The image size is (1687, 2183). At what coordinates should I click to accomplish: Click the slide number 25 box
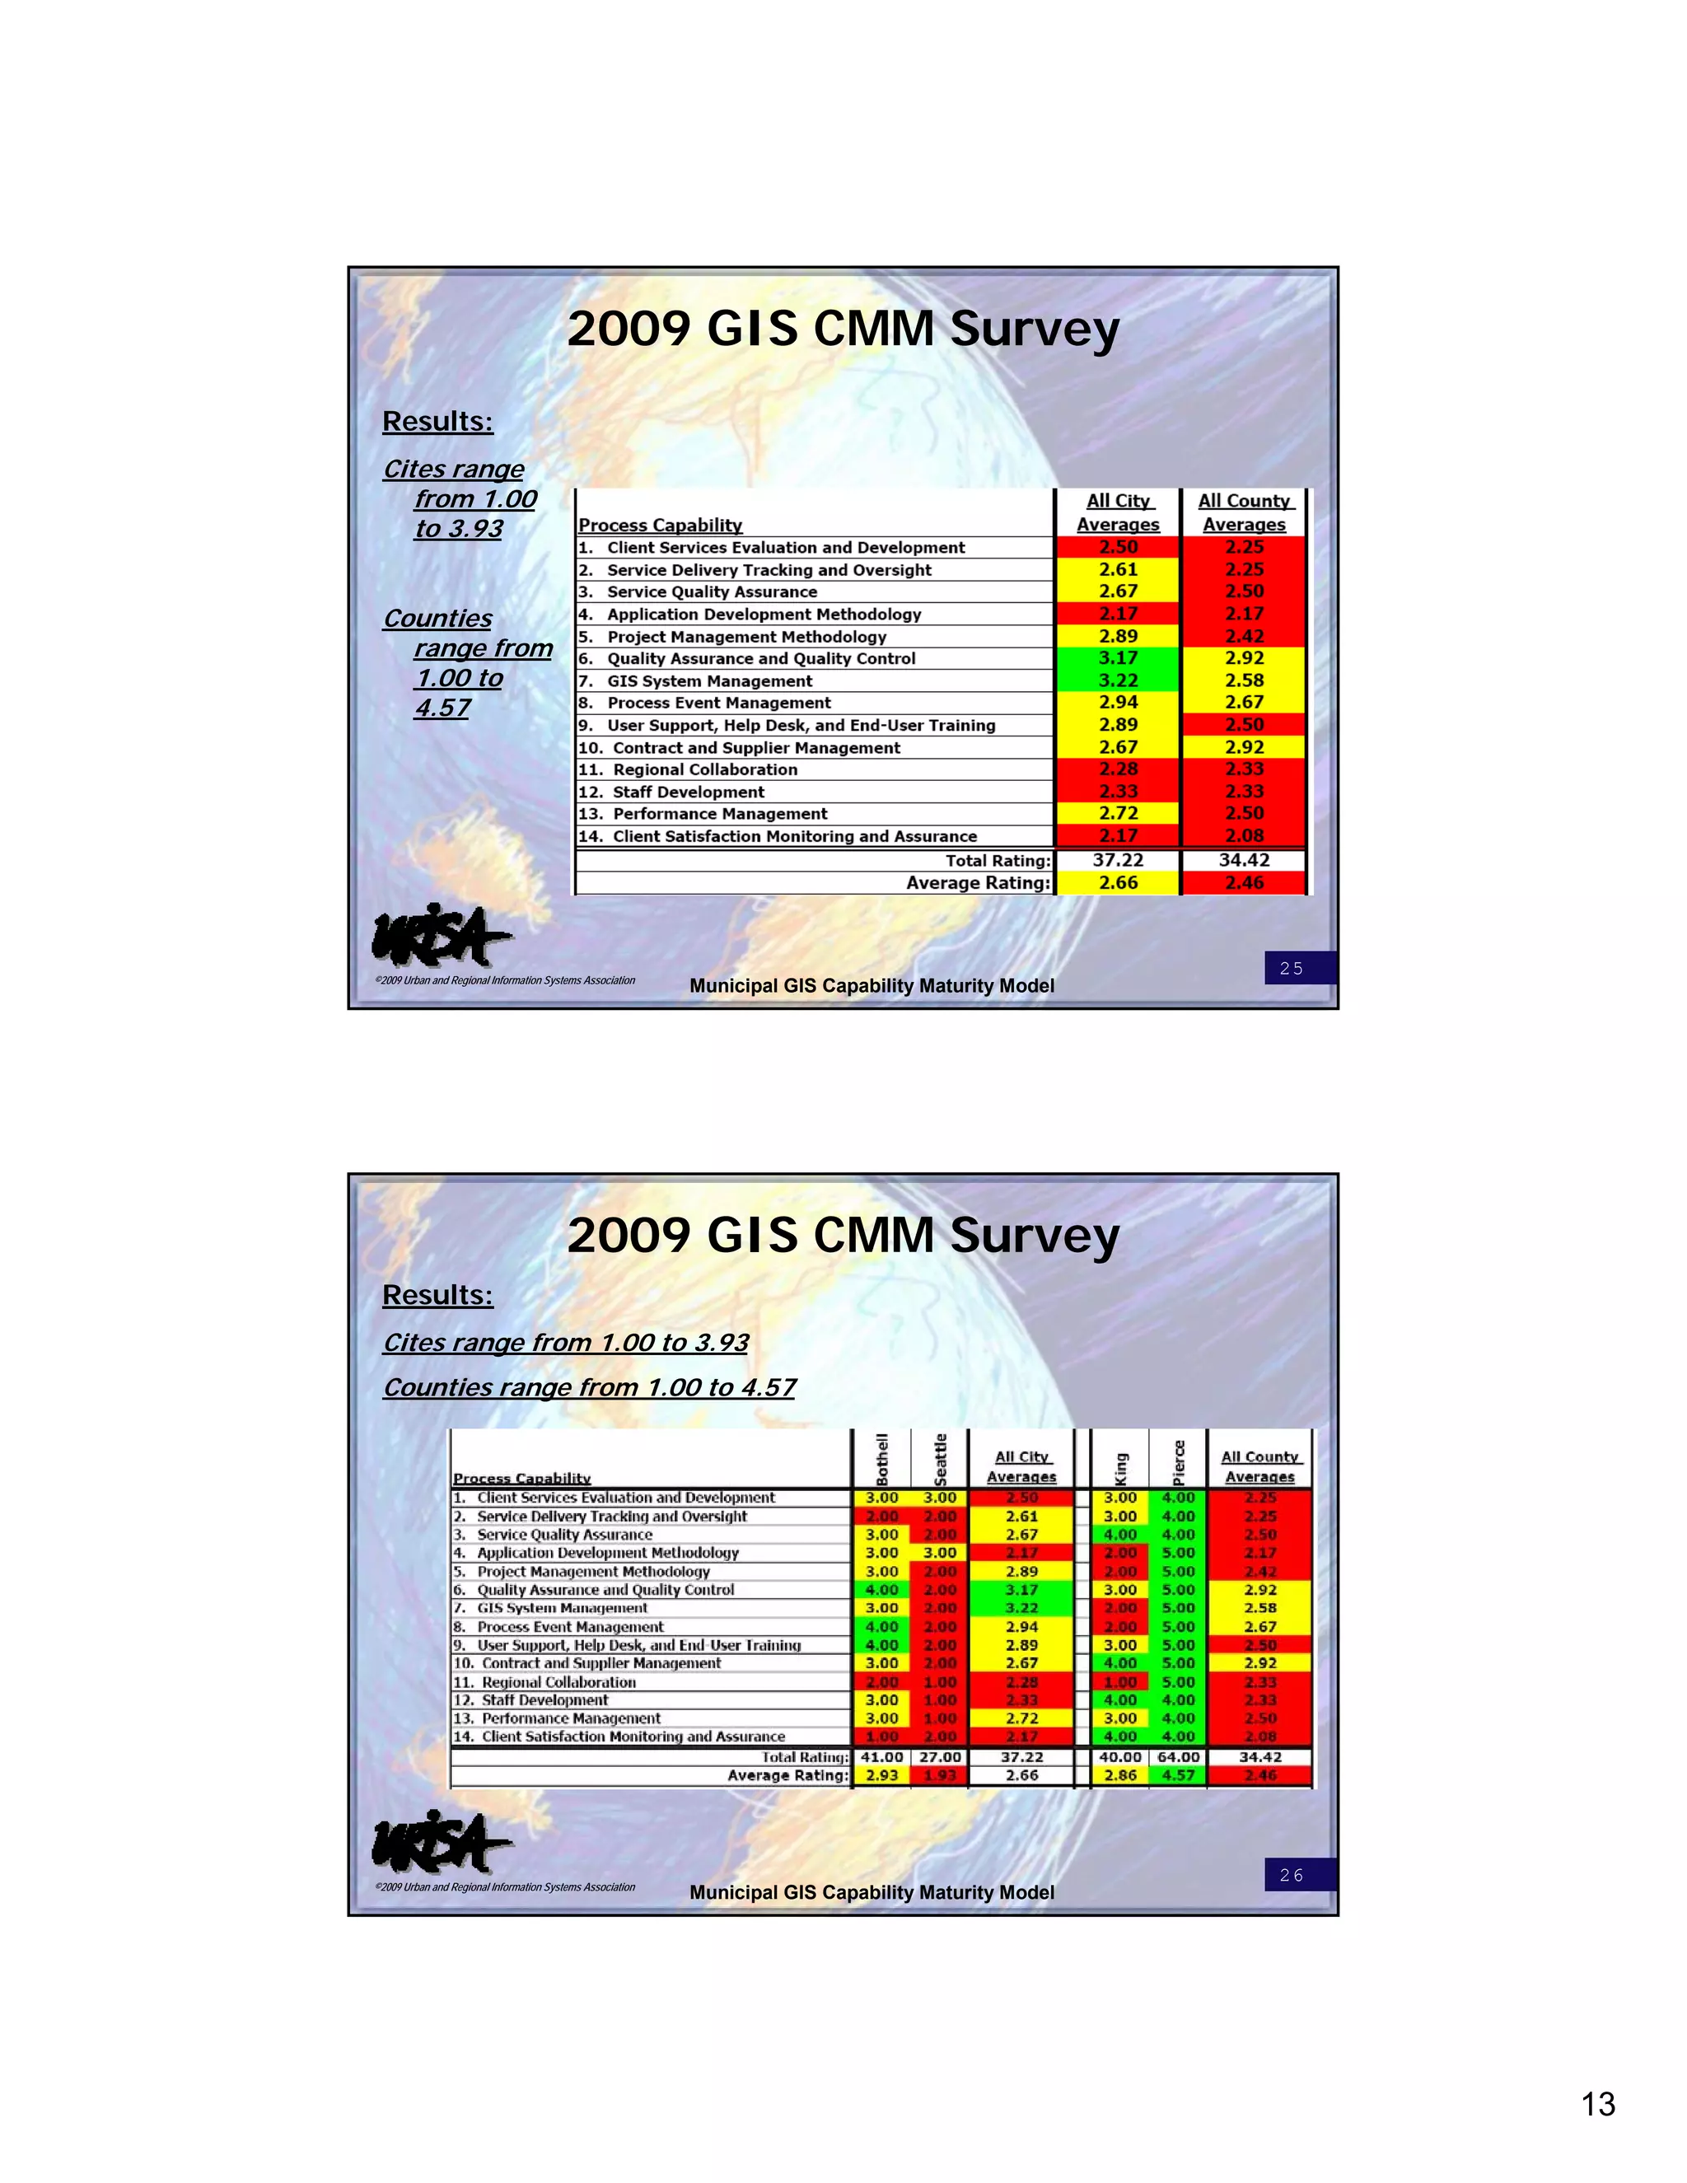pyautogui.click(x=1298, y=968)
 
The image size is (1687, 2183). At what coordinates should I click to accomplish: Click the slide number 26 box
pyautogui.click(x=1298, y=1874)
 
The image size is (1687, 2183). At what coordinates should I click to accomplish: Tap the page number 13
pyautogui.click(x=1598, y=2103)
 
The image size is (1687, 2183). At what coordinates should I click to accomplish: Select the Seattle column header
pyautogui.click(x=939, y=1460)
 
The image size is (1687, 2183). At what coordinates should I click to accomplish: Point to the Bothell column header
pyautogui.click(x=881, y=1460)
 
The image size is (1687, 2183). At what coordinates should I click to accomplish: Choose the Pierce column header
pyautogui.click(x=1178, y=1461)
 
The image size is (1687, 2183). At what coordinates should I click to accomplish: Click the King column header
pyautogui.click(x=1120, y=1467)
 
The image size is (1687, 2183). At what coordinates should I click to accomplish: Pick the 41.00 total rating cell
pyautogui.click(x=881, y=1756)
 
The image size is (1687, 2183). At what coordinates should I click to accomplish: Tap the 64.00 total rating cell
pyautogui.click(x=1178, y=1756)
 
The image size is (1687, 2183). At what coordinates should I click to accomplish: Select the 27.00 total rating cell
pyautogui.click(x=939, y=1756)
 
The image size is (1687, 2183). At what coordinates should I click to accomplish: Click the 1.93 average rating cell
pyautogui.click(x=939, y=1775)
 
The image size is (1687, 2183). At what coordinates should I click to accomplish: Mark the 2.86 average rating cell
pyautogui.click(x=1120, y=1775)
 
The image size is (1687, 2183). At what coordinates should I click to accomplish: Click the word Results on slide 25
pyautogui.click(x=437, y=422)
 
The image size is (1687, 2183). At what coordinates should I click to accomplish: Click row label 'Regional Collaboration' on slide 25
pyautogui.click(x=704, y=769)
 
